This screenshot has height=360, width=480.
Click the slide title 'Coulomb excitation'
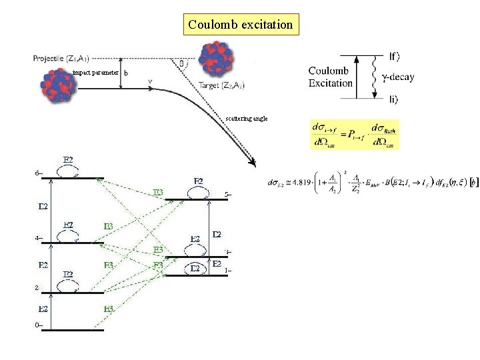pyautogui.click(x=240, y=25)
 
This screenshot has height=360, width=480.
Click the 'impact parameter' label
pyautogui.click(x=96, y=72)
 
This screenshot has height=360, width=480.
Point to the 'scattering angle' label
pyautogui.click(x=247, y=118)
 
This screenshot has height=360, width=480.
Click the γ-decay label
pyautogui.click(x=398, y=77)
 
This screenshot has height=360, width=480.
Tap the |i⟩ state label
pyautogui.click(x=393, y=99)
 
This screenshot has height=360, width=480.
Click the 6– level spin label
pyautogui.click(x=39, y=175)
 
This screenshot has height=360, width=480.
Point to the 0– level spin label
pyautogui.click(x=39, y=325)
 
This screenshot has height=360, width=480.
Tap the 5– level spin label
pyautogui.click(x=227, y=195)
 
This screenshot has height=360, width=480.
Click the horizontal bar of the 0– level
pyautogui.click(x=77, y=330)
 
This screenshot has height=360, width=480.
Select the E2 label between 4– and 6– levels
pyautogui.click(x=42, y=207)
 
